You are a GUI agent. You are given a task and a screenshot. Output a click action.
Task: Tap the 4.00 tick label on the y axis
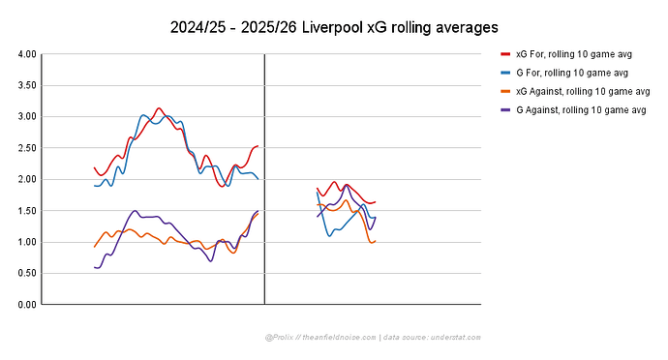[x=26, y=54]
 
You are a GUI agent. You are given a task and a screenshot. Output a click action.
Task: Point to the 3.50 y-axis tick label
[x=26, y=85]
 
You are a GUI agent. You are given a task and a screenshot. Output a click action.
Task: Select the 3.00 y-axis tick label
[x=26, y=117]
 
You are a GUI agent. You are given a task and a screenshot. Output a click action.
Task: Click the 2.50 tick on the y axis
[x=26, y=148]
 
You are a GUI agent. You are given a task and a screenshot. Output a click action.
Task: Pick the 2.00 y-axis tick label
[x=26, y=179]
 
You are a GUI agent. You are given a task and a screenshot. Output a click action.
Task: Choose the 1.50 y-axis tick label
[x=26, y=211]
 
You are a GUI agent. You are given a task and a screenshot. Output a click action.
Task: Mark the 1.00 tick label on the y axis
[x=26, y=242]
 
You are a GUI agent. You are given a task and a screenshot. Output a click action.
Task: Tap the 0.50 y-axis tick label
[x=26, y=273]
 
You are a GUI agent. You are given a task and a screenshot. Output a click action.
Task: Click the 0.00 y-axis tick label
[x=26, y=305]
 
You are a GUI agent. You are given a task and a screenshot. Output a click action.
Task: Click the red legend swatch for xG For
[x=505, y=54]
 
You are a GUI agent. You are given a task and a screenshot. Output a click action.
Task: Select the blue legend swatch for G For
[x=505, y=73]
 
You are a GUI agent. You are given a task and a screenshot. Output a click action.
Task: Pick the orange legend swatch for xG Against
[x=505, y=91]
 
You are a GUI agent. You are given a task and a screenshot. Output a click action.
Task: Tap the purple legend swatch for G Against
[x=505, y=109]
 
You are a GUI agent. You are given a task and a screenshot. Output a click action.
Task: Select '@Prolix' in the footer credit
[x=277, y=338]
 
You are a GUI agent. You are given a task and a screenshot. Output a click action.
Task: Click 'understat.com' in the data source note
[x=455, y=338]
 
